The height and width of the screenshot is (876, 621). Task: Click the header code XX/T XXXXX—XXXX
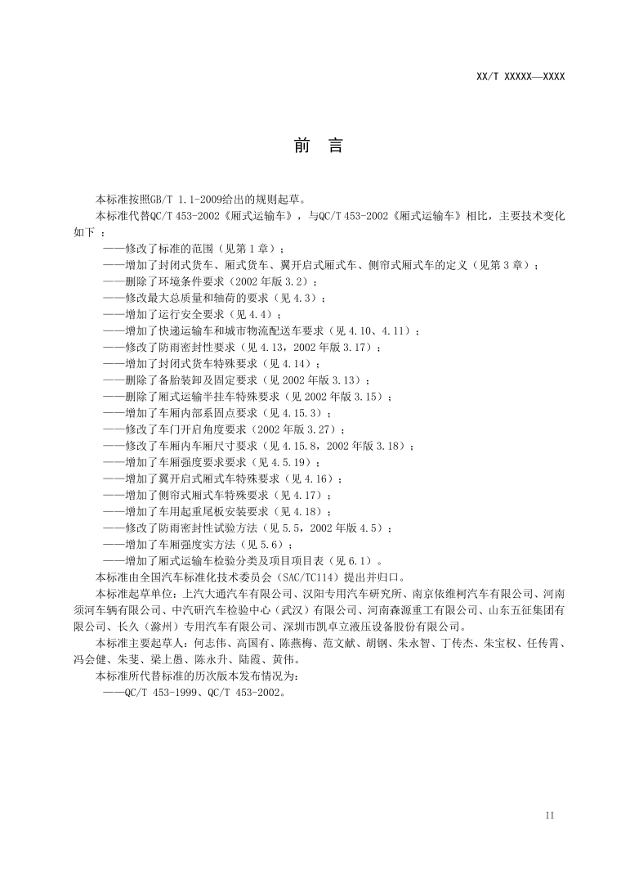[520, 77]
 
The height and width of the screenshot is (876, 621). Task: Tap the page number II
[549, 815]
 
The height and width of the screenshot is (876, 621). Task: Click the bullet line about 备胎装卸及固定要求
[237, 380]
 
